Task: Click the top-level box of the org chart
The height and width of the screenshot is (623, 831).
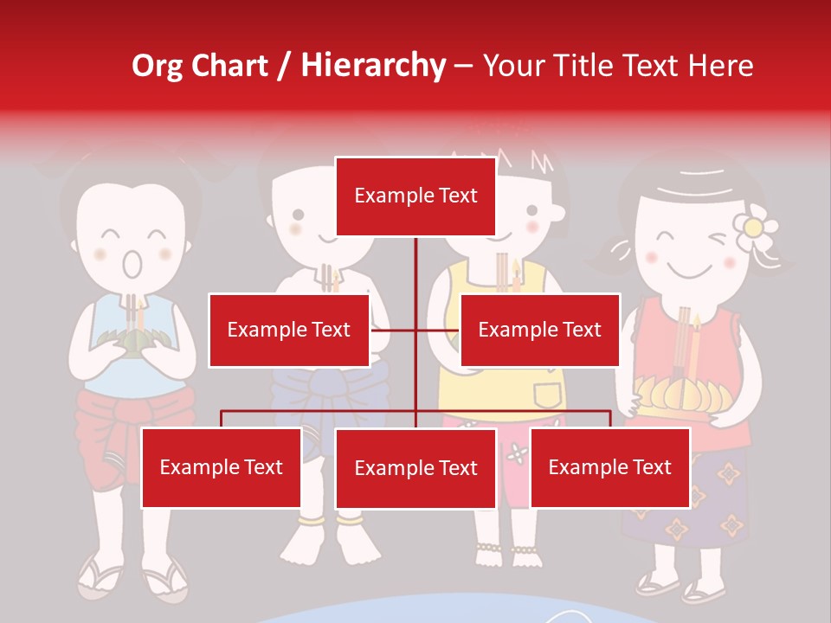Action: [415, 196]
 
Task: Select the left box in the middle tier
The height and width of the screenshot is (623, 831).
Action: [288, 331]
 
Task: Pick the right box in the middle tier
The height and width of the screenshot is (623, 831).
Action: [539, 331]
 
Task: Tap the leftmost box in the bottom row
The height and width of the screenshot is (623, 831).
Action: [221, 468]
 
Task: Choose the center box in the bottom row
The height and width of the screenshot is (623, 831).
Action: [415, 469]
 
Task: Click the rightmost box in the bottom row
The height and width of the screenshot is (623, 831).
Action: [609, 468]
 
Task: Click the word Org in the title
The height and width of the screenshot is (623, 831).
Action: [157, 66]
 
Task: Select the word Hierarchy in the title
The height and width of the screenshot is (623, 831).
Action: [373, 66]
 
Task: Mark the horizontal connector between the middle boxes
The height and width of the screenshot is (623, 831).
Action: [415, 330]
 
